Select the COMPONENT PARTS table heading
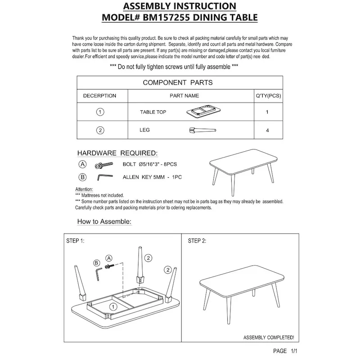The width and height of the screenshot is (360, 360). pos(177,82)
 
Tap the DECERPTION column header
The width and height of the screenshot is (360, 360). pos(99,96)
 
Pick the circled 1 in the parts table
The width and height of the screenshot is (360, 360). pos(100,112)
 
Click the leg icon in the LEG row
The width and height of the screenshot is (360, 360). pos(202,130)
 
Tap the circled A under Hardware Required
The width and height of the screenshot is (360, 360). pos(82,164)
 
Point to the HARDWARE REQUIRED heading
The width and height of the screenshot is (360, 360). pos(117,153)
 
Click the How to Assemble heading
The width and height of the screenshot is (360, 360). pos(104,222)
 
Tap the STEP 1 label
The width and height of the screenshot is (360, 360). pos(75,241)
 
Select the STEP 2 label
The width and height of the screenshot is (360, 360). pos(197,241)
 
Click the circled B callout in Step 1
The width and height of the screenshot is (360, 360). pos(96,262)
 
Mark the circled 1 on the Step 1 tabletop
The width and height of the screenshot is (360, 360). pos(113,306)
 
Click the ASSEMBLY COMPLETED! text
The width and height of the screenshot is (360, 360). pos(269,337)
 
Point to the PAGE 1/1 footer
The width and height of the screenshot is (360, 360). pos(285,351)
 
